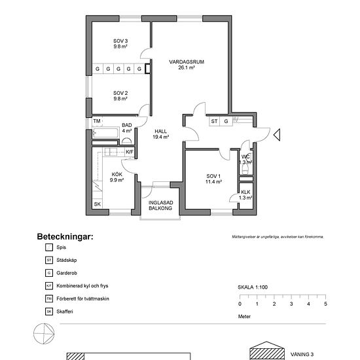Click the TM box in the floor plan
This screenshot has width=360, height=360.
tap(97, 122)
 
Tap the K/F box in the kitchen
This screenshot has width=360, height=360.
tap(129, 153)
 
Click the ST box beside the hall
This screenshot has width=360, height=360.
tap(214, 121)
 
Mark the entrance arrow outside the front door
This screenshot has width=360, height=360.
tap(276, 135)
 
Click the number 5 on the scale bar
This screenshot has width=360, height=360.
tap(325, 304)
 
